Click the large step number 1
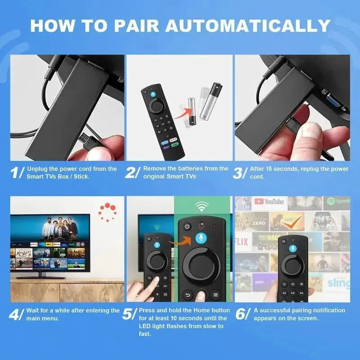(18, 173)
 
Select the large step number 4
(18, 314)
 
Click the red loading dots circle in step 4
(108, 211)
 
